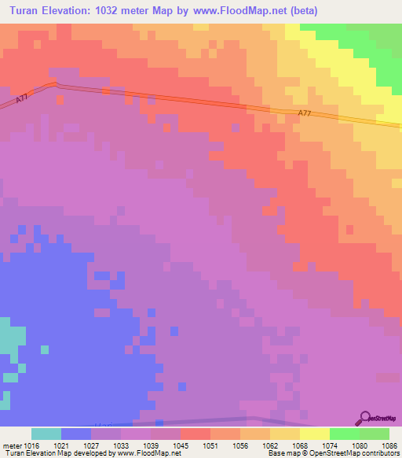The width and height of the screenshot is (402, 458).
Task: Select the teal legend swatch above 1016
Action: [46, 433]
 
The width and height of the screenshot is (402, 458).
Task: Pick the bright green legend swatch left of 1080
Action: [345, 433]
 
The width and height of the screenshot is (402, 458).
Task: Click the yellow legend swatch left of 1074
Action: [315, 433]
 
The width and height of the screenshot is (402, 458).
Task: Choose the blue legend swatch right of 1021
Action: [76, 433]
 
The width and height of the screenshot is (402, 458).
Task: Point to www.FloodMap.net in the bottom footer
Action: [148, 453]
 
